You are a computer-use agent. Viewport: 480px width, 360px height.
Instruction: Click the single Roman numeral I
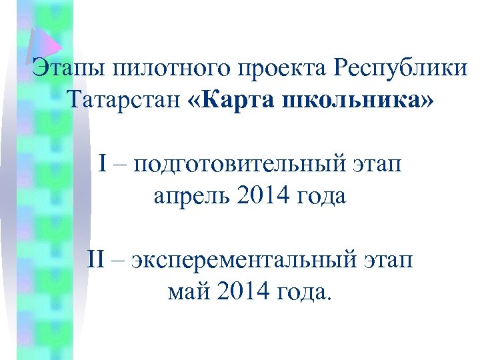[103, 162]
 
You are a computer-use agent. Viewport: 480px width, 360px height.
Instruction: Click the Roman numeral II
[98, 258]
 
